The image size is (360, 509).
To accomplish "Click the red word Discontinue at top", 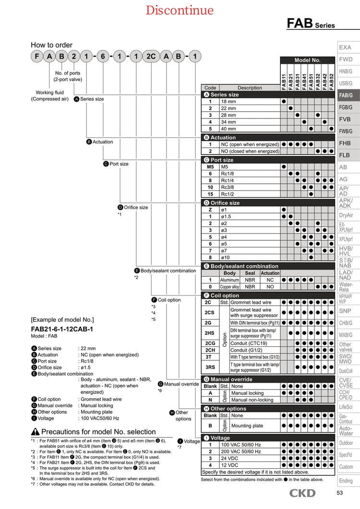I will click(180, 10).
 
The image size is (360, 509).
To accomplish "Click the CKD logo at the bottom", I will click(302, 493).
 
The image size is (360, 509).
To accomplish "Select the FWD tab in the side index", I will click(346, 59).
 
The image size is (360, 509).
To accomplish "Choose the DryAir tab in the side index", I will click(346, 215).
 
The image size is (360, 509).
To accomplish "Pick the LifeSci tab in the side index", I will click(346, 407).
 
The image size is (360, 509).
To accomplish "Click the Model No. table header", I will click(307, 60).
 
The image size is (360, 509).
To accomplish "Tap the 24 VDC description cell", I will click(230, 458).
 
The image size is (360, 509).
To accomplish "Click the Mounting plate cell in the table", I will click(247, 426).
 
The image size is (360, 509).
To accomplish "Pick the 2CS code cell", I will click(210, 313).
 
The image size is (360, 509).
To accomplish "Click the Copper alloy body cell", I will click(229, 287).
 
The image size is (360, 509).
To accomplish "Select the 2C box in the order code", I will click(151, 57).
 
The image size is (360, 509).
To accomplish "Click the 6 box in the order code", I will click(103, 57).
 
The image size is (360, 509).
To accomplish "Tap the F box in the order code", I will click(37, 57).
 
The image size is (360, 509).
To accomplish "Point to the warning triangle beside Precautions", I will click(35, 432).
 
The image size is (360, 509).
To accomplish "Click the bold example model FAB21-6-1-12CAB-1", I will click(62, 329).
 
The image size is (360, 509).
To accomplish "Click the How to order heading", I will click(51, 45).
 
